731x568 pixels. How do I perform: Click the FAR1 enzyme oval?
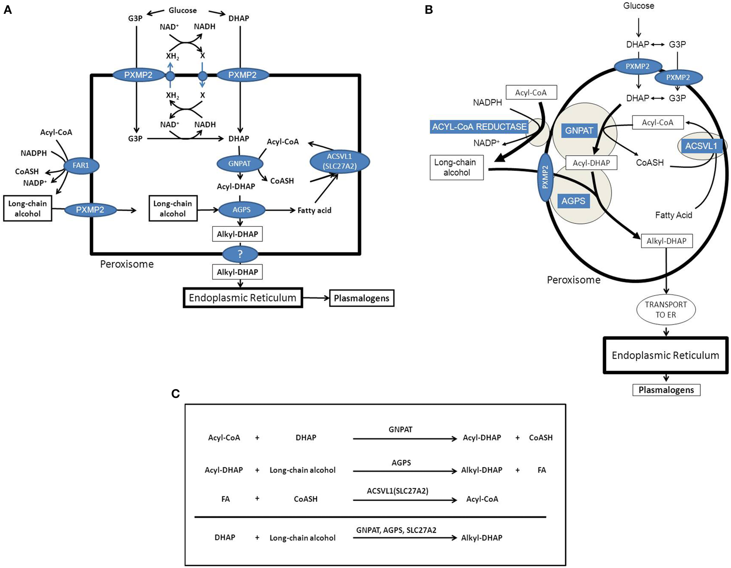pyautogui.click(x=81, y=165)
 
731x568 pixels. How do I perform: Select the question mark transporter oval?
pyautogui.click(x=240, y=254)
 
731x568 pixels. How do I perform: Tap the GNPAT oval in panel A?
pyautogui.click(x=239, y=164)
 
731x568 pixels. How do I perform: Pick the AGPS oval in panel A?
pyautogui.click(x=241, y=210)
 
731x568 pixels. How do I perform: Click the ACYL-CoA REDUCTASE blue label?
pyautogui.click(x=479, y=127)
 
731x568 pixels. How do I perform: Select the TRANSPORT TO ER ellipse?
pyautogui.click(x=666, y=309)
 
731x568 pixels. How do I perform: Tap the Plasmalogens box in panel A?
pyautogui.click(x=361, y=298)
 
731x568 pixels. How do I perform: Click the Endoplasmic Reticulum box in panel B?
pyautogui.click(x=665, y=355)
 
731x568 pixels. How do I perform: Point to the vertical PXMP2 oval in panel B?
pyautogui.click(x=545, y=177)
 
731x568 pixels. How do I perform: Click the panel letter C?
pyautogui.click(x=175, y=394)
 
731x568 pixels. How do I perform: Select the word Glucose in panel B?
pyautogui.click(x=639, y=6)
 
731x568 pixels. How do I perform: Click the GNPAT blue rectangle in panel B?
pyautogui.click(x=579, y=131)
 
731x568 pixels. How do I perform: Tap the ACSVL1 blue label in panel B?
pyautogui.click(x=701, y=146)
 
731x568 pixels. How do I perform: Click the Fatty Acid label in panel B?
pyautogui.click(x=673, y=215)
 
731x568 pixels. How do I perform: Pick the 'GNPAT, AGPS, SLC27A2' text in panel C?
pyautogui.click(x=396, y=530)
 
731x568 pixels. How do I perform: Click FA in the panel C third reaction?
pyautogui.click(x=226, y=499)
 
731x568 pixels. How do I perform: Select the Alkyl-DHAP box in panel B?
pyautogui.click(x=666, y=241)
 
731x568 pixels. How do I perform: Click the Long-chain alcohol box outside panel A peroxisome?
pyautogui.click(x=28, y=209)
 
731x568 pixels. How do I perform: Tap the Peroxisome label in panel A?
pyautogui.click(x=127, y=264)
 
